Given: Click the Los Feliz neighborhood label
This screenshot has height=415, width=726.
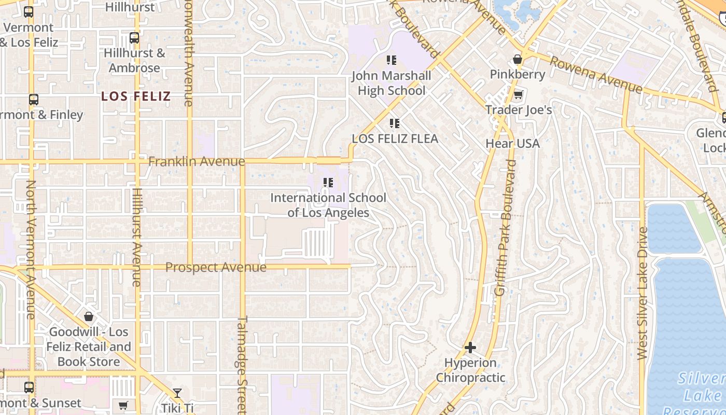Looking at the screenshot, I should pos(136,96).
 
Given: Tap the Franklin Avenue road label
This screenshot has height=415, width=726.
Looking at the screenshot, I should pos(197,162).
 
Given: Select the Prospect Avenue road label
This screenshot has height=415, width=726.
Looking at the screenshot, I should pos(216,268).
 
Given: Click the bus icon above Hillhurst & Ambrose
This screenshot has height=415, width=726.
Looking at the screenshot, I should pos(134,38).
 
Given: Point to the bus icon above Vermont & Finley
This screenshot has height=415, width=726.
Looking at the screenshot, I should pos(34,100).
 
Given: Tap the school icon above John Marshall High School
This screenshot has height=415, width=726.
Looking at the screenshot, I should pos(392,60).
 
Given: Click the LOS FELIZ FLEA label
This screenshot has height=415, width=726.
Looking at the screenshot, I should pos(395,139).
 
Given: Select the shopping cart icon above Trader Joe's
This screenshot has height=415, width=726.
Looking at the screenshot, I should pos(518,95).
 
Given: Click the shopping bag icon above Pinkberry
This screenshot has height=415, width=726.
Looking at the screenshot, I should pos(517,59).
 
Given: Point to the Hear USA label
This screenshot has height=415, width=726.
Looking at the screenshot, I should pos(512,143).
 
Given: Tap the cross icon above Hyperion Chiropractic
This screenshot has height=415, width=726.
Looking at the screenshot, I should pos(470,347).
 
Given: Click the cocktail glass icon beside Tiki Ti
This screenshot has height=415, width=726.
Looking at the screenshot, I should pos(177,393).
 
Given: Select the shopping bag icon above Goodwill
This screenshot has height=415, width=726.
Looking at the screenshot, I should pos(89,316).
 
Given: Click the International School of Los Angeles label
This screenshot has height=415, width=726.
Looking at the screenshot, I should pos(328,205).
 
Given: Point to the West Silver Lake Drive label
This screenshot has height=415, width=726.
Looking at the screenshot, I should pos(643,294).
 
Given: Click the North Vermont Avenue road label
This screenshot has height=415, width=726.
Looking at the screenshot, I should pos(31,249).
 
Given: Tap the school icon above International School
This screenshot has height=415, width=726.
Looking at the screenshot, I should pos(328,183).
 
